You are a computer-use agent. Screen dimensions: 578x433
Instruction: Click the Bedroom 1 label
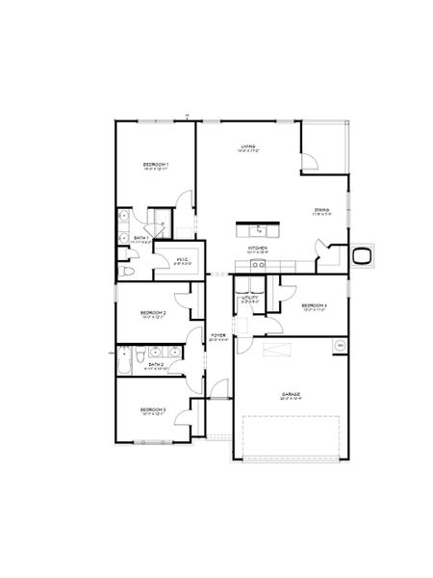pos(155,166)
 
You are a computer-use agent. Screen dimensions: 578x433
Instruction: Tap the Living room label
pos(247,147)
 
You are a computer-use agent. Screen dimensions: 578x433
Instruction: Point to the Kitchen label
pos(257,248)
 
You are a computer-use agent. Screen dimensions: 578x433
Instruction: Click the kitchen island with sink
pos(259,229)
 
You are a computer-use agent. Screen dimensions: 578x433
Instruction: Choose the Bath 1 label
pos(140,238)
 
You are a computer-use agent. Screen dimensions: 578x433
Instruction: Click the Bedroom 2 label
pos(153,313)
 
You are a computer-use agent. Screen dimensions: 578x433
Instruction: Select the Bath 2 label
pos(156,364)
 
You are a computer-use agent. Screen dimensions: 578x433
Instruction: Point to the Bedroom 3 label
pos(153,410)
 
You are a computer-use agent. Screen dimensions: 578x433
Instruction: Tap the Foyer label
pos(218,336)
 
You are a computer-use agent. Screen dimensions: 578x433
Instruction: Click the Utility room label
pos(250,299)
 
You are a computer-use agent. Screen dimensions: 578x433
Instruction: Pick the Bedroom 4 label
pos(316,306)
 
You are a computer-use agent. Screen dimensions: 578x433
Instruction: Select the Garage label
pos(290,394)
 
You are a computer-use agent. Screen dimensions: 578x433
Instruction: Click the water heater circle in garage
pos(338,346)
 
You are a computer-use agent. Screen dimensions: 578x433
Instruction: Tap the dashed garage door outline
pos(290,437)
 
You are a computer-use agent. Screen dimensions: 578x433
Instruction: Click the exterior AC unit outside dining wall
pos(362,255)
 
